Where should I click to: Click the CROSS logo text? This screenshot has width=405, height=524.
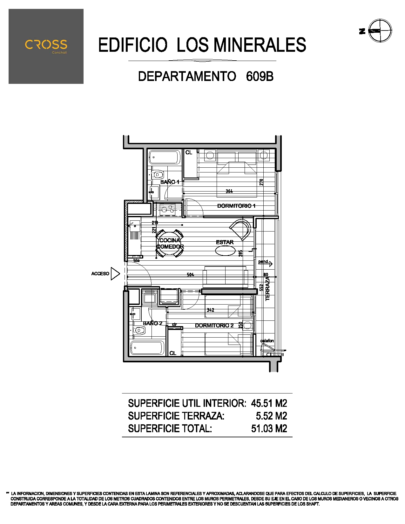(46, 44)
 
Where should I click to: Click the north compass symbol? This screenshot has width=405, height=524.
(380, 31)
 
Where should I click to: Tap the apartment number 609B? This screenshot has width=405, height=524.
(260, 77)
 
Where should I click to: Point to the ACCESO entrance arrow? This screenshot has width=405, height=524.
(115, 273)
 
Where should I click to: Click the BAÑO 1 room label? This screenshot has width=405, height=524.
(170, 182)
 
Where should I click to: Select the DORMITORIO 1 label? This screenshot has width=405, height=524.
(236, 206)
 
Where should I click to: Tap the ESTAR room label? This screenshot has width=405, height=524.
(225, 242)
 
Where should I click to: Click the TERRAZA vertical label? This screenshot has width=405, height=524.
(267, 289)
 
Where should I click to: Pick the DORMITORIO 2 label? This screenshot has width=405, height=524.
(214, 325)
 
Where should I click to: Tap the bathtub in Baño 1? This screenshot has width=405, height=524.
(165, 157)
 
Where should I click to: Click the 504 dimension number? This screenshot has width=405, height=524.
(190, 274)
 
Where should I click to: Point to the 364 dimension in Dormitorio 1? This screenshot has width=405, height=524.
(229, 191)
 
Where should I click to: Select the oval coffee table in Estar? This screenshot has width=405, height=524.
(225, 251)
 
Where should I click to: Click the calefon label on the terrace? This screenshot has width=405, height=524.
(267, 341)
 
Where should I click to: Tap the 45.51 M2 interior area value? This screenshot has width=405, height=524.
(269, 403)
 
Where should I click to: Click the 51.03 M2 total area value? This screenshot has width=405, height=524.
(269, 428)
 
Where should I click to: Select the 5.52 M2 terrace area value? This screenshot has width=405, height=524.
(271, 416)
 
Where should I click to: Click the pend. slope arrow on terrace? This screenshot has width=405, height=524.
(265, 263)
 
